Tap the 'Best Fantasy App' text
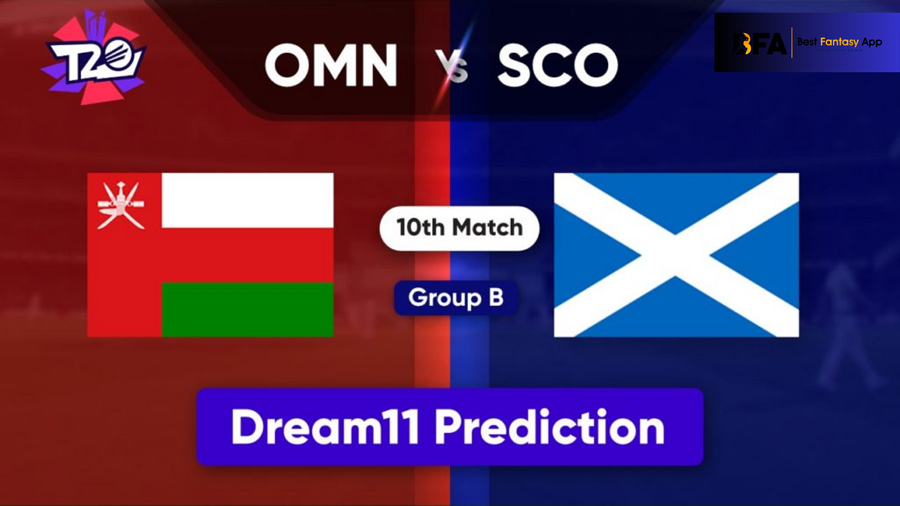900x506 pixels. coord(839,42)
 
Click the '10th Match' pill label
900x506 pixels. coord(459,228)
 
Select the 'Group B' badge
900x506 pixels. coord(456,297)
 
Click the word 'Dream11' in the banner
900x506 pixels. coord(325,427)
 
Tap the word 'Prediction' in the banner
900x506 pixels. coord(549,427)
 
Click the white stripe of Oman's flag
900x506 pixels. coord(247,201)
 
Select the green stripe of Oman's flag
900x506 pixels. coord(247,309)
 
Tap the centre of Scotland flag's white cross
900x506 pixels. coord(676,255)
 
